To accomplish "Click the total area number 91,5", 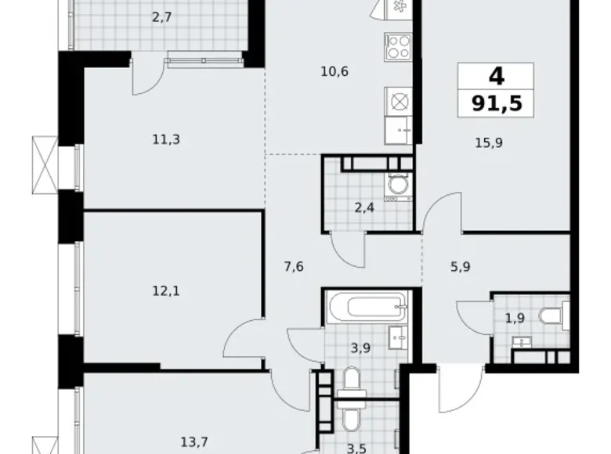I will click(495, 102).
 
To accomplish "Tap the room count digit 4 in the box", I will click(495, 77).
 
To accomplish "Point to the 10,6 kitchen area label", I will click(334, 72).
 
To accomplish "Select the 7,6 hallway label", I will click(295, 267).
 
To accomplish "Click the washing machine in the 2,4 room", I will click(397, 185).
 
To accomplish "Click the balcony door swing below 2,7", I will click(147, 76).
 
